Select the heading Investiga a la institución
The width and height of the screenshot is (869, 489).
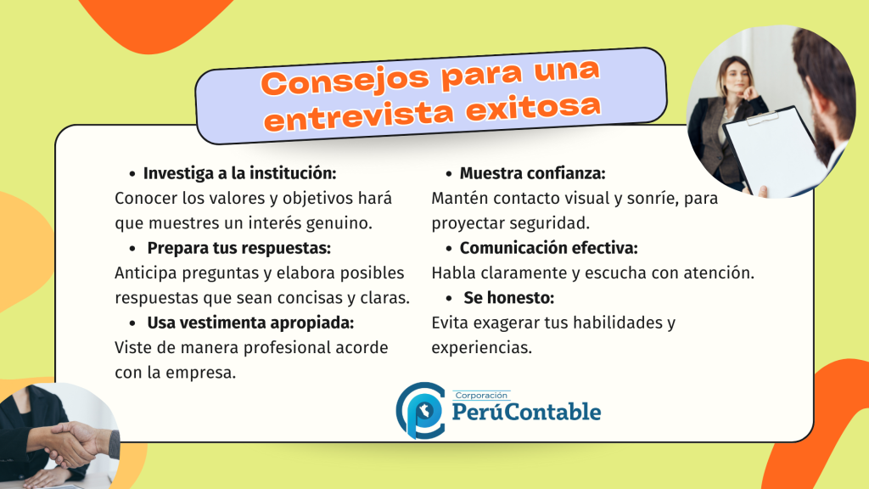click(239, 173)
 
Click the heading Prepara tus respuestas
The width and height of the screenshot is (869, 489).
click(238, 249)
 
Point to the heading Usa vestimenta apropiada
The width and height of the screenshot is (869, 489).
click(250, 323)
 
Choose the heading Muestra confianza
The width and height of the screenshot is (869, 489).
click(533, 173)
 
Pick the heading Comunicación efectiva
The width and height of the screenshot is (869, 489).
click(549, 248)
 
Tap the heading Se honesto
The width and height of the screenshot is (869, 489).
click(509, 298)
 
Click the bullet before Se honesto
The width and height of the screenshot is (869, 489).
click(449, 299)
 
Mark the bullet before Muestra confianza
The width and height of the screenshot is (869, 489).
click(449, 174)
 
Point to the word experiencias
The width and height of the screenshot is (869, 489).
click(482, 348)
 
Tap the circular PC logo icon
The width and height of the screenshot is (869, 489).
click(421, 410)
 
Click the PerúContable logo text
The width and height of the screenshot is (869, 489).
click(526, 412)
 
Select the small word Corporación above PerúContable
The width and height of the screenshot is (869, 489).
click(481, 396)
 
